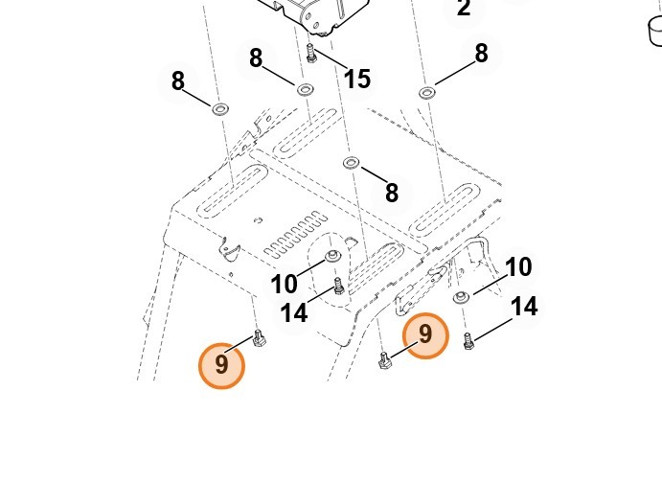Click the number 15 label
pos(356,79)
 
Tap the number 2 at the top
pos(464,10)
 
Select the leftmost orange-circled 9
pos(221,365)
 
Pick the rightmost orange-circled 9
pos(425,335)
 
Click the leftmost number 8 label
pos(177,81)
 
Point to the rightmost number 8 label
pos(481,54)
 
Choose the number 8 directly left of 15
pos(256,58)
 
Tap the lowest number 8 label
pos(391,193)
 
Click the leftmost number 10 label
pos(285,285)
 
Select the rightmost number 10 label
pos(517,267)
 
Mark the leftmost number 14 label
pos(293,312)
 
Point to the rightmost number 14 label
pos(523,307)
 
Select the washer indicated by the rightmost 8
pos(426,92)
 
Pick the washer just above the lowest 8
pos(351,163)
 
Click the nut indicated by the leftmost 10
pos(332,256)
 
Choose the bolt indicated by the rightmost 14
pos(468,339)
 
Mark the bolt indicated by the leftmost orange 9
pos(259,337)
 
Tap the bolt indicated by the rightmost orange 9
pos(385,360)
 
